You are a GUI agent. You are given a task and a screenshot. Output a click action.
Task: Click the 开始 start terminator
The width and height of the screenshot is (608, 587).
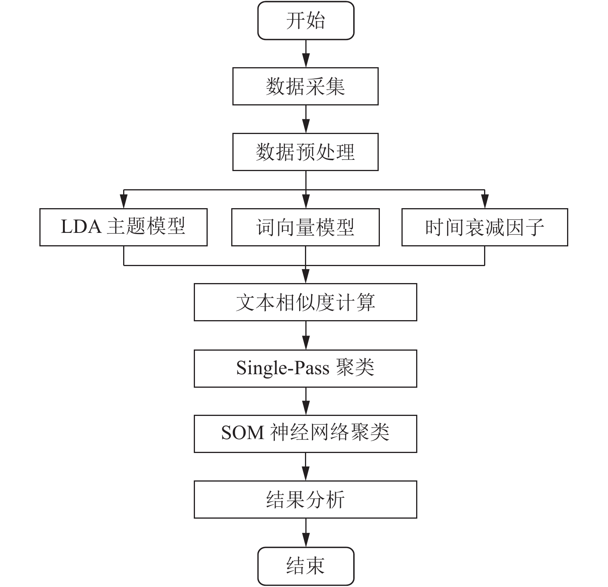306,20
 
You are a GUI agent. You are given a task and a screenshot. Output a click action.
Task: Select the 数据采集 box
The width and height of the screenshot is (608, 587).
305,86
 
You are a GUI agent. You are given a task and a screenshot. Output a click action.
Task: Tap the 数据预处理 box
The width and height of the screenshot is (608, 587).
305,152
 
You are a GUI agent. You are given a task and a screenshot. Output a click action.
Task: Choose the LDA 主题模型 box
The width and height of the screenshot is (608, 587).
124,227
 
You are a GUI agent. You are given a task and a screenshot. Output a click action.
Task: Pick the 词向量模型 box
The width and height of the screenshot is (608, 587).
305,227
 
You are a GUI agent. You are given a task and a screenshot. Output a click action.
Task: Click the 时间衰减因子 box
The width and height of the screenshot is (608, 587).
485,227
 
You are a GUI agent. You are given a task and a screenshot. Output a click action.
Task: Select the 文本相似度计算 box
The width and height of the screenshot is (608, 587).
305,302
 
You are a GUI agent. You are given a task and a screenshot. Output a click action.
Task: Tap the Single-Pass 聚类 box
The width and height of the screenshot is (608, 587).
305,368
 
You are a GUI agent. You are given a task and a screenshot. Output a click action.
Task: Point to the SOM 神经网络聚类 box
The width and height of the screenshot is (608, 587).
305,434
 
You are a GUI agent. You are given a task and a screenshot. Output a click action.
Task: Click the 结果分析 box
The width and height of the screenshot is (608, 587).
305,499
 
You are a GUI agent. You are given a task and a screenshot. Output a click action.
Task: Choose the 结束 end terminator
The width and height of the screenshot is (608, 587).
306,566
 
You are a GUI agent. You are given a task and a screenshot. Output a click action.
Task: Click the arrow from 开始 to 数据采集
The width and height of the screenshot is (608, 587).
306,54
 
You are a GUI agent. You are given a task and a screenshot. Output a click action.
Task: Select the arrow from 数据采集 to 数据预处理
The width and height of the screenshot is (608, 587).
306,119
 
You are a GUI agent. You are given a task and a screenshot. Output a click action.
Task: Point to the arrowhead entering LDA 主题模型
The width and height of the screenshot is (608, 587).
124,202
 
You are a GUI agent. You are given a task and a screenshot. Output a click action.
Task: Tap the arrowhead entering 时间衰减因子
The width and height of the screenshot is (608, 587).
485,202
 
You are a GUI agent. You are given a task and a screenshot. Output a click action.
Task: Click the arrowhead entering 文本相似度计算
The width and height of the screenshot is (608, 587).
306,277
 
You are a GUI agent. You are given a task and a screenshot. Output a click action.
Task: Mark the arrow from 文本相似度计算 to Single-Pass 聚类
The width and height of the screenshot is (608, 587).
306,335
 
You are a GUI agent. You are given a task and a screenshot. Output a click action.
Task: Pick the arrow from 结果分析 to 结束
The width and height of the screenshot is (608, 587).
306,533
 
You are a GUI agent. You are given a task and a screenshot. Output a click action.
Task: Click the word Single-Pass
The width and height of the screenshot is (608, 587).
283,368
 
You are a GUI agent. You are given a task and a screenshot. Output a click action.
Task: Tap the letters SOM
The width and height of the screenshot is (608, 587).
243,433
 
